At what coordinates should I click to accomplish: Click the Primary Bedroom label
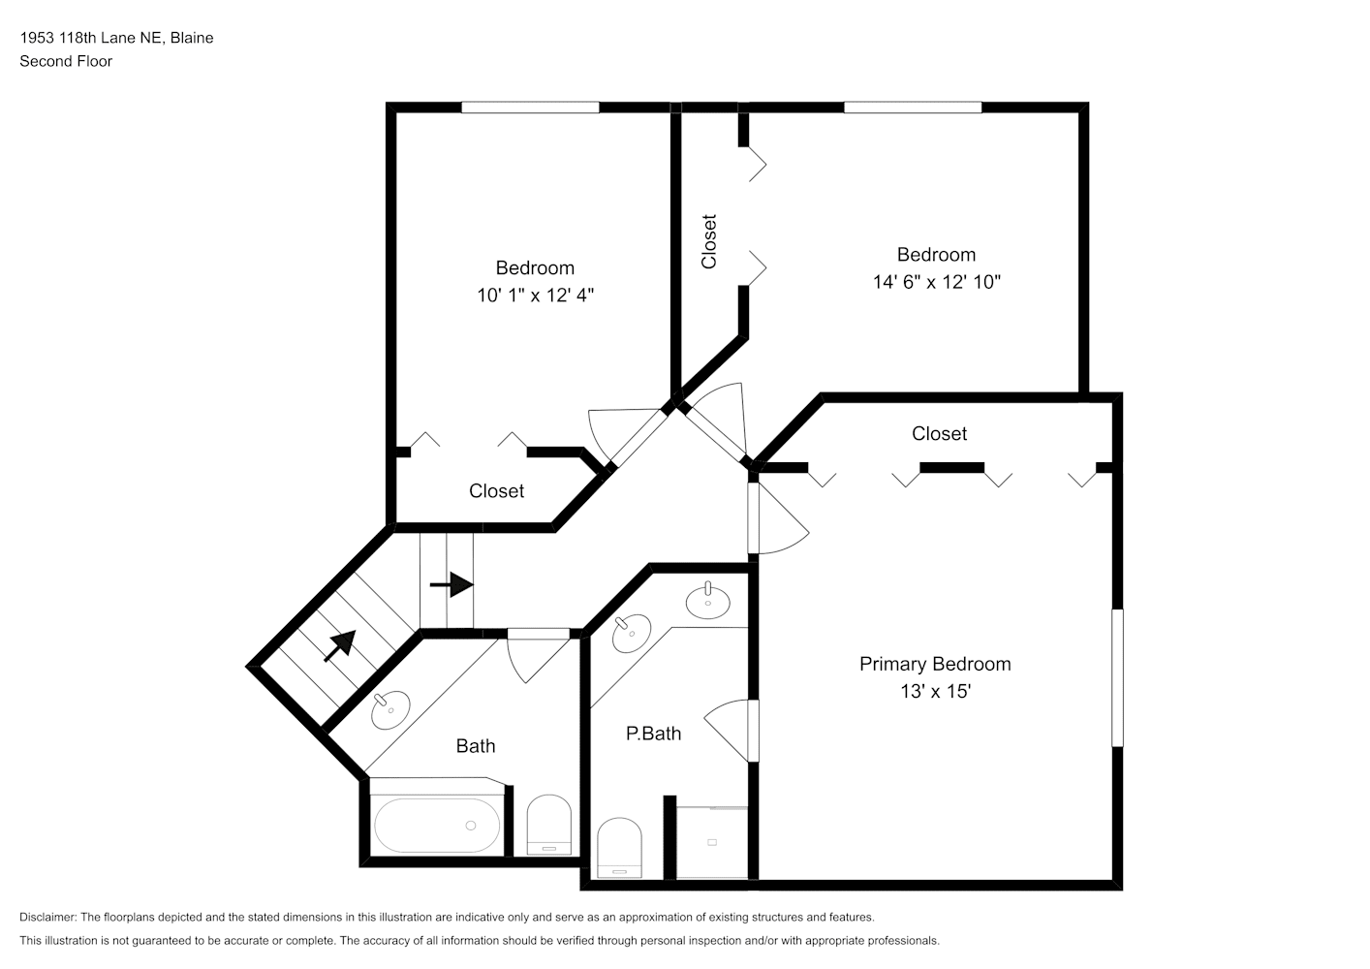tap(935, 664)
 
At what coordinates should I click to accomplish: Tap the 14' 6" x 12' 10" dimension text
tap(936, 282)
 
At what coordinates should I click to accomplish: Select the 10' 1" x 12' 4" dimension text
tap(535, 296)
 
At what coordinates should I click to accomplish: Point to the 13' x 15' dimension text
tap(936, 691)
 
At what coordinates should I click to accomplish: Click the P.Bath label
tap(653, 734)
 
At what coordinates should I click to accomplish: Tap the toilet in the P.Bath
tap(619, 848)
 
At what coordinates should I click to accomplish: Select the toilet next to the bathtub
tap(549, 826)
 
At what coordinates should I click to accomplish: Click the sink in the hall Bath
tap(390, 710)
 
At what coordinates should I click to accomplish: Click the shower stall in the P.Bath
tap(712, 842)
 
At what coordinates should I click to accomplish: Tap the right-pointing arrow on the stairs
tap(451, 585)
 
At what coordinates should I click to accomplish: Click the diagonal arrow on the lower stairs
tap(339, 646)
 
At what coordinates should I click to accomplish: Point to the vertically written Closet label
tap(709, 241)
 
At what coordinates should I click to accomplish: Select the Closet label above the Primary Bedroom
tap(939, 434)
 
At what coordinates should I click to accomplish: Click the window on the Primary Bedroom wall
tap(1117, 677)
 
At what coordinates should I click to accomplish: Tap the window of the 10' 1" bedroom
tap(530, 108)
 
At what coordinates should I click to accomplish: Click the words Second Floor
tap(66, 61)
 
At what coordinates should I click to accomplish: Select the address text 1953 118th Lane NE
tap(91, 38)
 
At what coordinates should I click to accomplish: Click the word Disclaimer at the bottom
tap(48, 917)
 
